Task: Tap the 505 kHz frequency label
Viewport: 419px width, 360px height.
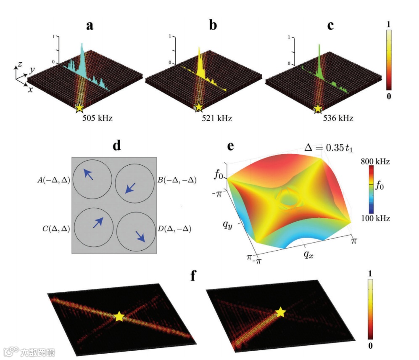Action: tap(97, 118)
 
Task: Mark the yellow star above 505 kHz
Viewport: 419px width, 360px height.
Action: tap(79, 108)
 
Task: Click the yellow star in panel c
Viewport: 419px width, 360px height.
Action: tap(318, 109)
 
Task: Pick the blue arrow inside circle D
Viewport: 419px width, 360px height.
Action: tap(140, 236)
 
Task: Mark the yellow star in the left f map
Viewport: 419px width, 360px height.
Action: tap(120, 316)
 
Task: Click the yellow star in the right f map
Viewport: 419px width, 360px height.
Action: tap(280, 312)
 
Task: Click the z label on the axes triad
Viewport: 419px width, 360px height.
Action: tap(20, 63)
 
